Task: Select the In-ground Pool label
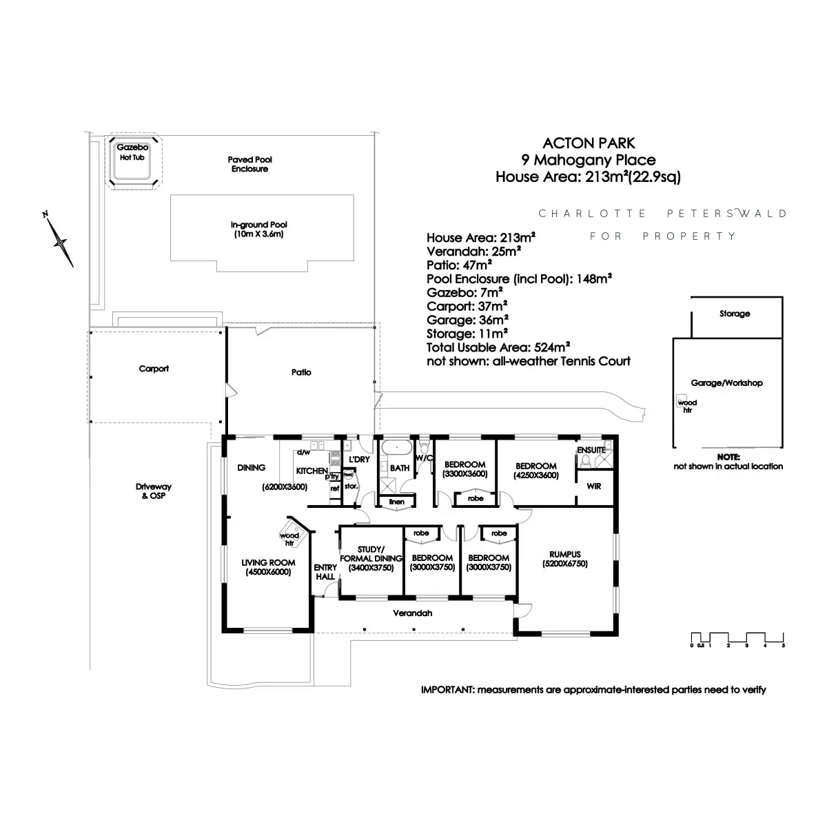[x=258, y=229]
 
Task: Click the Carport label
[x=154, y=369]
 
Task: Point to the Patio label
[x=301, y=372]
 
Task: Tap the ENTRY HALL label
[x=325, y=572]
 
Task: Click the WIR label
[x=593, y=486]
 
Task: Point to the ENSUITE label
[x=592, y=450]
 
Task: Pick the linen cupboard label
[x=396, y=502]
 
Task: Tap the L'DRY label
[x=359, y=459]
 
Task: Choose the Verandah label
[x=413, y=613]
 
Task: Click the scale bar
[x=737, y=639]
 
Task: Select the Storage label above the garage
[x=735, y=314]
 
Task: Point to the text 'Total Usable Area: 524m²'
[x=498, y=347]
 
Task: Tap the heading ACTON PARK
[x=589, y=143]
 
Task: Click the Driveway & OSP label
[x=154, y=491]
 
